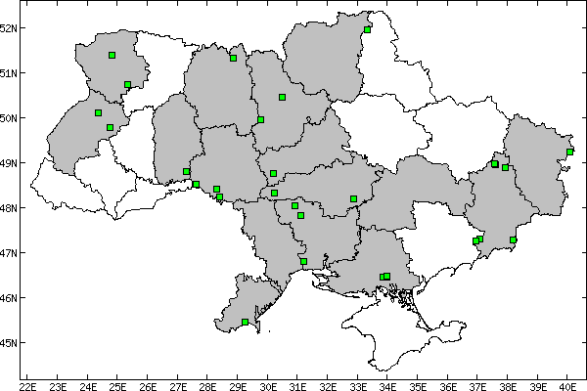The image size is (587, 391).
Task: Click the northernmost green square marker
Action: pyautogui.click(x=367, y=29)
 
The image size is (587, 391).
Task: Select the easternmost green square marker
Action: pyautogui.click(x=569, y=152)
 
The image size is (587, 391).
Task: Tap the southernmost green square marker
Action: pyautogui.click(x=245, y=322)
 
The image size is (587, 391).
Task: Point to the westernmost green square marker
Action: pyautogui.click(x=99, y=113)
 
